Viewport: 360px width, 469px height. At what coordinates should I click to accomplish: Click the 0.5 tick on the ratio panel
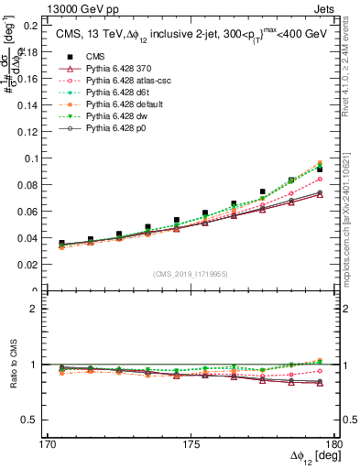click(32, 420)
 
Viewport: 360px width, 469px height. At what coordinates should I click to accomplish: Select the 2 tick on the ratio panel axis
click(38, 309)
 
